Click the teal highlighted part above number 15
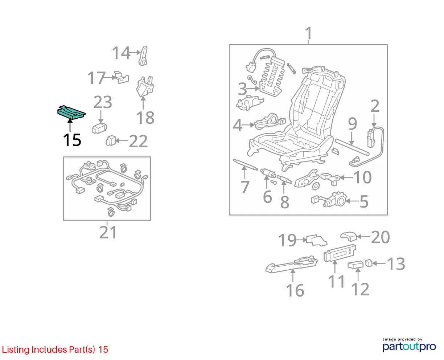coord(71,112)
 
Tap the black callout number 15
coord(72,140)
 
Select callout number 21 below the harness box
coord(108,232)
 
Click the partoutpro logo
coord(409,347)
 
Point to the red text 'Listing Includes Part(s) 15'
coord(55,349)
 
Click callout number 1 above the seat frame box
coord(308,33)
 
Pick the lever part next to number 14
coord(143,56)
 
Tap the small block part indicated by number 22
coord(111,140)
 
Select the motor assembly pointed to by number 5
coord(329,200)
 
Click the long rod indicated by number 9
coord(352,147)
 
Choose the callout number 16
coord(295,290)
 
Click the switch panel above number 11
coord(340,253)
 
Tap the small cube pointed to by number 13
coord(369,263)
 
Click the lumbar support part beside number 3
coord(272,78)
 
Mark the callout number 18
coord(145,118)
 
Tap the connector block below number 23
coord(99,128)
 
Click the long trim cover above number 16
coord(292,264)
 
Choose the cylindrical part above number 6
coord(268,173)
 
